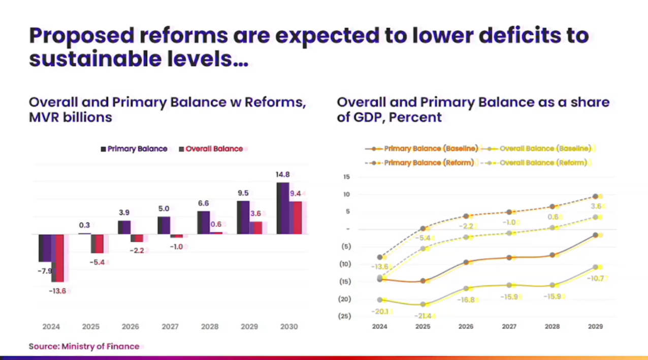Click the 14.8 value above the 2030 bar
pos(283,175)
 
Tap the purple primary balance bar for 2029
pos(243,217)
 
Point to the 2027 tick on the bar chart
pos(170,327)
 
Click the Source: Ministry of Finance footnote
pos(84,346)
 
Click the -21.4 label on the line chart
pos(423,316)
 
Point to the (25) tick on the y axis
pos(344,316)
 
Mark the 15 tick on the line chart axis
pos(347,177)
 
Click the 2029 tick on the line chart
pos(595,327)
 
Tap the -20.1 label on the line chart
pos(379,311)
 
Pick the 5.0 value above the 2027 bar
pos(164,209)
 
